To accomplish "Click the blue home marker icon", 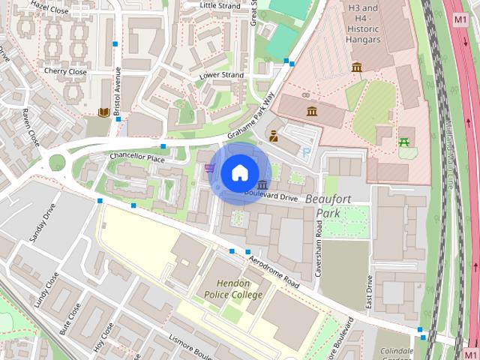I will tap(238, 172).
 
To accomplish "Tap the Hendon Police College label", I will tap(233, 289).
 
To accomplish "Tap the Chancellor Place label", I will tap(136, 158).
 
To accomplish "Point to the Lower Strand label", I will tap(221, 76).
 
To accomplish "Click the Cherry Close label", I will tap(65, 72).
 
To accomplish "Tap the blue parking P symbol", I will tap(307, 152).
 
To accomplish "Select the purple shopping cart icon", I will tap(209, 168).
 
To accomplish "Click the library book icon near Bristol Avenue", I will tap(104, 113).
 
